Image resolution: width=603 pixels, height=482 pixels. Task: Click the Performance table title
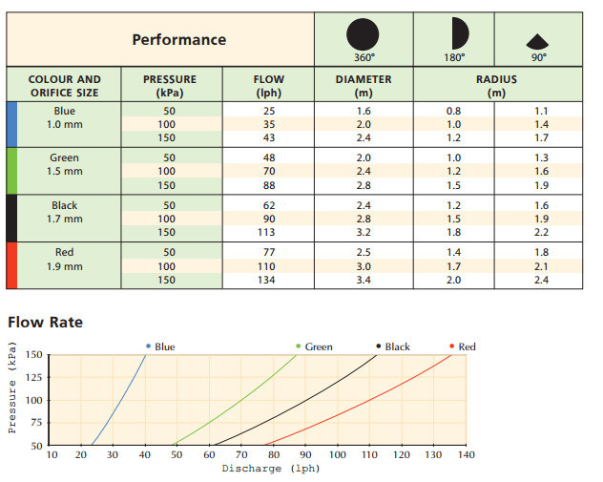tap(178, 39)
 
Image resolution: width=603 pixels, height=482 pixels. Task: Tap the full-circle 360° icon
tap(362, 34)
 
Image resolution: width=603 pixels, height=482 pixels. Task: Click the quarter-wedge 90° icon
tap(538, 41)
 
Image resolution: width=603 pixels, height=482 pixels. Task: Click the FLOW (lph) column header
tap(269, 86)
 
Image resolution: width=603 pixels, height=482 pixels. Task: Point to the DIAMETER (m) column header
tap(364, 86)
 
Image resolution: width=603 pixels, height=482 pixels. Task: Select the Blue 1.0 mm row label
tap(65, 117)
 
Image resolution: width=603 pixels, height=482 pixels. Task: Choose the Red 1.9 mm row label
tap(65, 260)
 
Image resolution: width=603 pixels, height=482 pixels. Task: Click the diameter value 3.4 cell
tap(364, 280)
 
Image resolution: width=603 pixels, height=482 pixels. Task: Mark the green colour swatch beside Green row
tap(11, 171)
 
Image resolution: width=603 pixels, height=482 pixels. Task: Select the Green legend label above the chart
tap(319, 346)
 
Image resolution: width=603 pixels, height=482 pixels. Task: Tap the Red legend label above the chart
tap(467, 346)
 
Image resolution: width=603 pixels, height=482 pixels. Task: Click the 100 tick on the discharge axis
tap(338, 454)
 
